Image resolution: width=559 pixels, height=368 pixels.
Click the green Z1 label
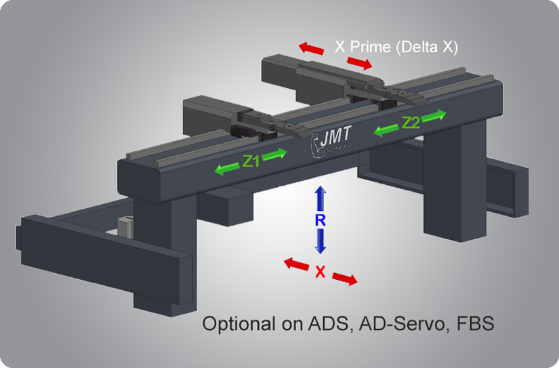251,161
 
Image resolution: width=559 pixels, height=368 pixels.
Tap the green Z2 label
411,123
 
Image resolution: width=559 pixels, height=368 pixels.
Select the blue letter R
320,221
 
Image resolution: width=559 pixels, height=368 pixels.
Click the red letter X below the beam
320,272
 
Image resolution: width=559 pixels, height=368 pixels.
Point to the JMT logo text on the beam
335,136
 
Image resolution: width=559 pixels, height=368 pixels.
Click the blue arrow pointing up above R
320,199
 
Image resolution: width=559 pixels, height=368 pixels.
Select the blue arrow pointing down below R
320,241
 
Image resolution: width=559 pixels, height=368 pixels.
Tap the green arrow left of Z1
227,169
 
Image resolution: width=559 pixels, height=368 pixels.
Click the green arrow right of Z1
274,154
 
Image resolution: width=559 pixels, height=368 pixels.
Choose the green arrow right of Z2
434,115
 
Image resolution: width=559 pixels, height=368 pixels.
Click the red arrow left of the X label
296,264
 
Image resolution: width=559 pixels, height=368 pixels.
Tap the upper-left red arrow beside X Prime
311,48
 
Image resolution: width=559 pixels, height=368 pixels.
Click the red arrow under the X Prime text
359,62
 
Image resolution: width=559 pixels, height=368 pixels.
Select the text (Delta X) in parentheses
426,47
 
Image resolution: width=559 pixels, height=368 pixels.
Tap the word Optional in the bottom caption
239,324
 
